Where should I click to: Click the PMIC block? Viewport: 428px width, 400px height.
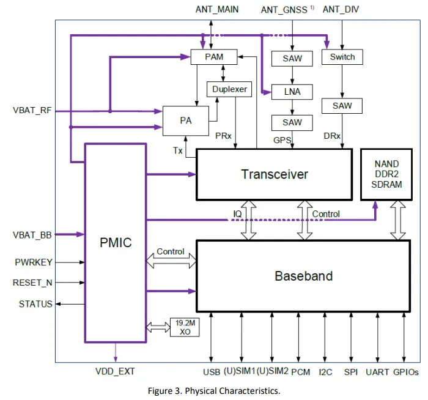pos(115,243)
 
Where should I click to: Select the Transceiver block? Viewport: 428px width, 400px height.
pos(274,174)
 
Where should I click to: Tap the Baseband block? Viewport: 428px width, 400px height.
pos(303,276)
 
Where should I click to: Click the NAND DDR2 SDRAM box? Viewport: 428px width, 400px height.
pos(386,174)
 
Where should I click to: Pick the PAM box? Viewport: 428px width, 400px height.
pos(214,57)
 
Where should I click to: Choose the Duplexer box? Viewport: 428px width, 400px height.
pos(229,89)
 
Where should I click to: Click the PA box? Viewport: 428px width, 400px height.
pos(186,120)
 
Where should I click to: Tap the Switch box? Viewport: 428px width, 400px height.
pos(342,57)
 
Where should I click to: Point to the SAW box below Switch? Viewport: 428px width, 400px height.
pos(342,106)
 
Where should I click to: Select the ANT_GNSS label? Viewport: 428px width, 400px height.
pos(285,9)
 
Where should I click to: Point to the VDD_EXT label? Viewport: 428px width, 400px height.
pos(115,371)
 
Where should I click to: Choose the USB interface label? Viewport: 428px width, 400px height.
pos(211,371)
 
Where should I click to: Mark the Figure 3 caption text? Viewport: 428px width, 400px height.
pos(213,390)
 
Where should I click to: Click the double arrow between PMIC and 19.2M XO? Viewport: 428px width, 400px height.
pos(157,327)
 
